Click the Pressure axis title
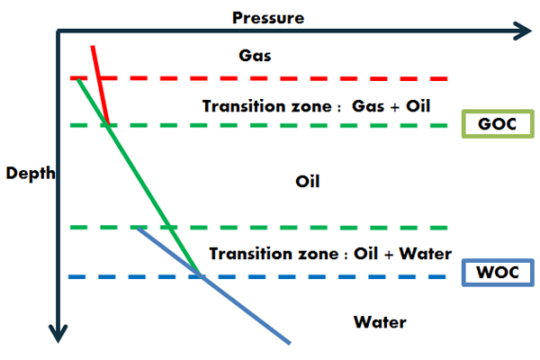click(268, 18)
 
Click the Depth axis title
click(31, 174)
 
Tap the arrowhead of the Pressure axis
click(522, 31)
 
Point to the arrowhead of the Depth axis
click(58, 333)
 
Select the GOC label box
click(498, 124)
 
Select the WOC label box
click(498, 273)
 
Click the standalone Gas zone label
click(255, 56)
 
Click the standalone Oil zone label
click(308, 181)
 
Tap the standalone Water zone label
click(380, 322)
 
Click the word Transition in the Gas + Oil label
click(244, 106)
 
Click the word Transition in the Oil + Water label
click(251, 254)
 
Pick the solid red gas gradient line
click(100, 85)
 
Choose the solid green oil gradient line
click(139, 177)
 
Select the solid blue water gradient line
click(214, 285)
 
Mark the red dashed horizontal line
click(258, 78)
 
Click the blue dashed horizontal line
click(257, 276)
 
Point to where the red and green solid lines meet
click(108, 125)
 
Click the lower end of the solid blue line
click(290, 343)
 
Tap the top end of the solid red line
click(93, 46)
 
